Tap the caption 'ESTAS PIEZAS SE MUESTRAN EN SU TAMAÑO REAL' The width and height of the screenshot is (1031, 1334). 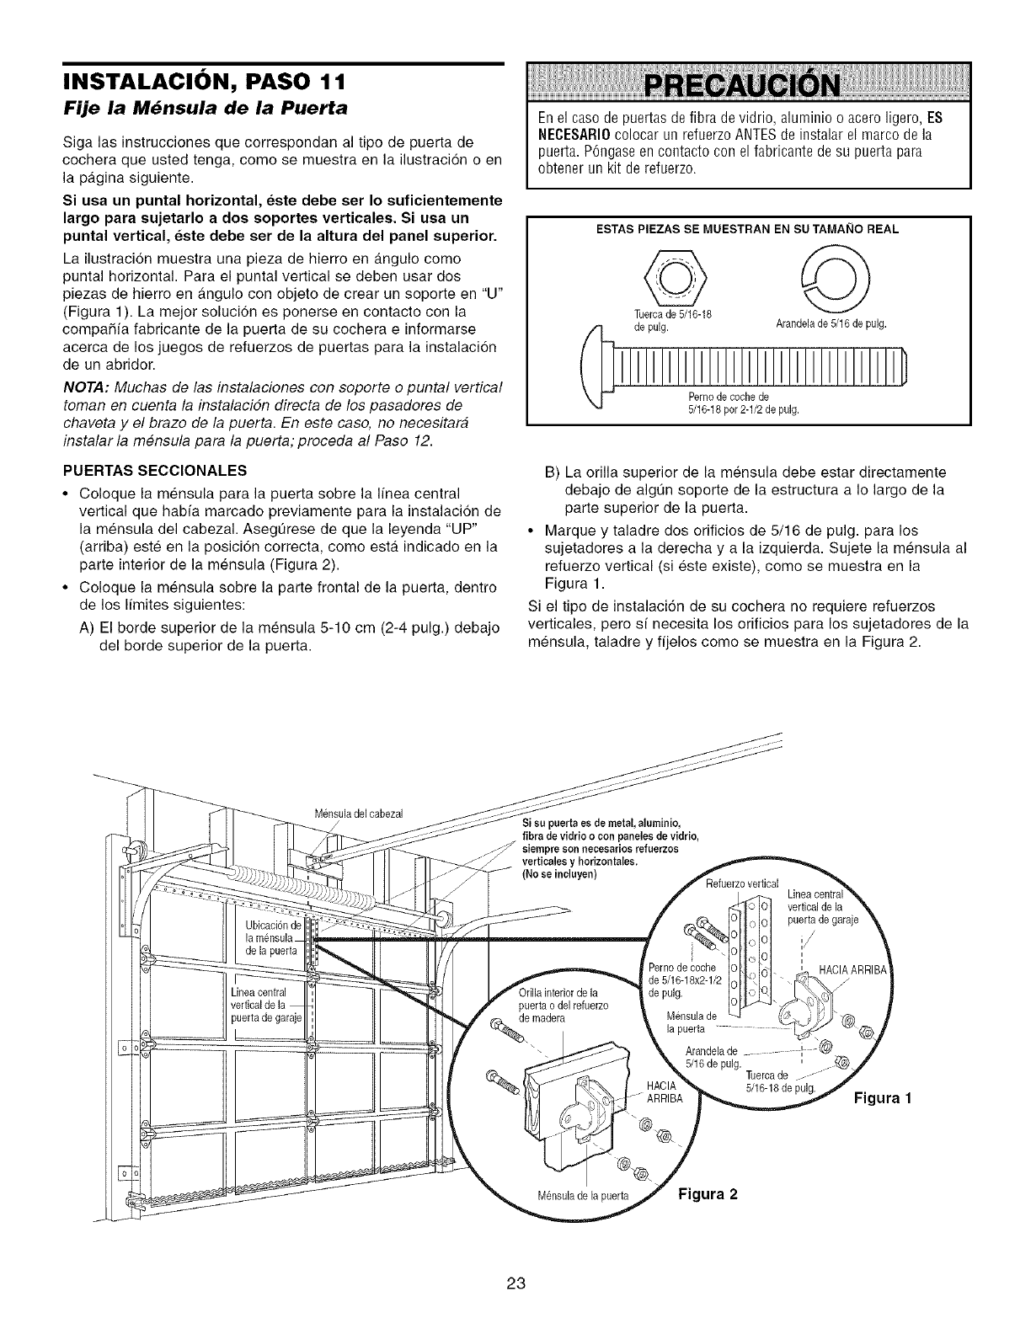[748, 228]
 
